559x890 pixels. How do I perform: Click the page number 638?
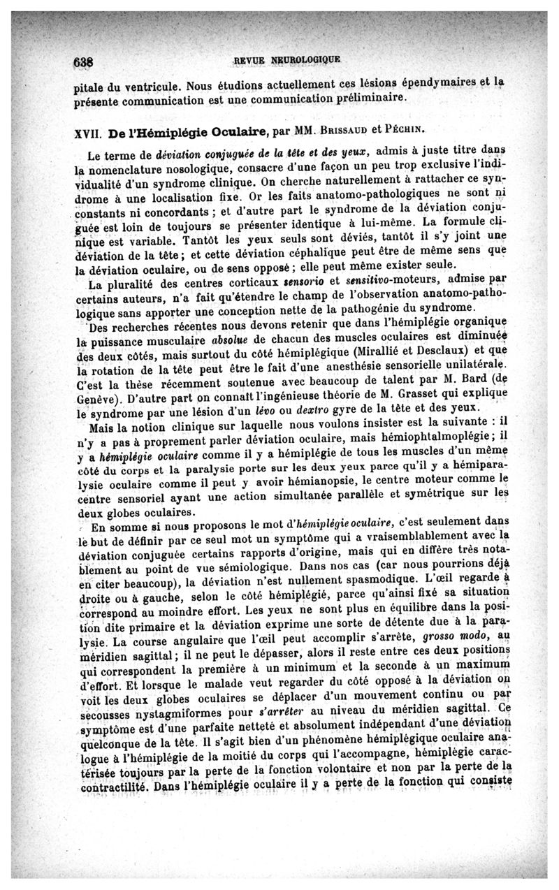(84, 61)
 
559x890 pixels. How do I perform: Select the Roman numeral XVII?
(87, 132)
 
